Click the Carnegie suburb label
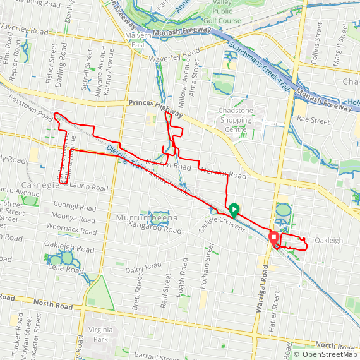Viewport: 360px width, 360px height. click(40, 184)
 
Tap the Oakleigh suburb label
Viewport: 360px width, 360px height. click(328, 241)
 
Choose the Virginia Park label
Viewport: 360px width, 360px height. click(102, 333)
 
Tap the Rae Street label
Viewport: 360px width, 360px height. click(313, 119)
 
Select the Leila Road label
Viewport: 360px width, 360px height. click(65, 270)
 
